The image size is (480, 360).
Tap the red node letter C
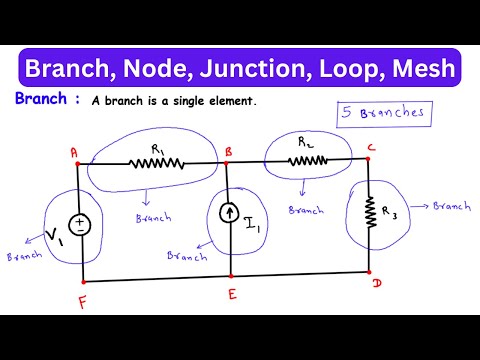372,151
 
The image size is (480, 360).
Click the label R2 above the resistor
305,143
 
